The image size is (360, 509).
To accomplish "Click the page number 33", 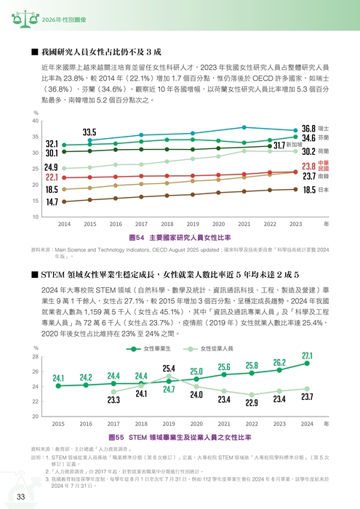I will click(22, 496).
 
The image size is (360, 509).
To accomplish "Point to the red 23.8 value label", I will click(308, 167).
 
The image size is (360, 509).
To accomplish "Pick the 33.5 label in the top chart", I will click(89, 132).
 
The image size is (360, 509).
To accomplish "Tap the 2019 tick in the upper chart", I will click(192, 224).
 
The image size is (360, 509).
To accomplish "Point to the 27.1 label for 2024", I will click(307, 355).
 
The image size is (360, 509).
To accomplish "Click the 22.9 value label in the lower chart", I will click(252, 402).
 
